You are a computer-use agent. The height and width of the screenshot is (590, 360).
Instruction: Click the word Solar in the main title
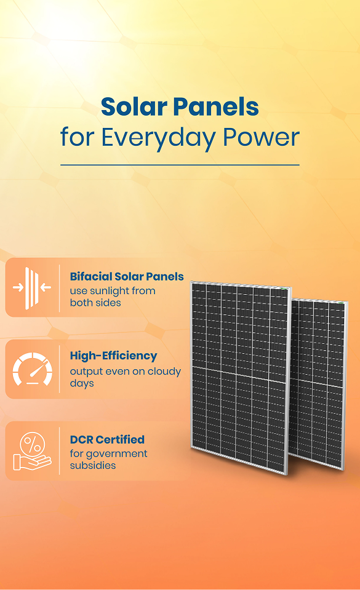133,107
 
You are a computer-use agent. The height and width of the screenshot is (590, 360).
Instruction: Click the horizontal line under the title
180,165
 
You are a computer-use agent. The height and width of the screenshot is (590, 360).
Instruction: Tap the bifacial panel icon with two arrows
31,287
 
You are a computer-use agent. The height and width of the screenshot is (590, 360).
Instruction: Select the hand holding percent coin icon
31,452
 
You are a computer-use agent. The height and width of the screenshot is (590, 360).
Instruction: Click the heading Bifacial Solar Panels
127,277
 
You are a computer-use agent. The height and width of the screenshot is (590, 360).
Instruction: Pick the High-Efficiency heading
113,356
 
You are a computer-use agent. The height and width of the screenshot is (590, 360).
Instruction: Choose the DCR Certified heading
107,439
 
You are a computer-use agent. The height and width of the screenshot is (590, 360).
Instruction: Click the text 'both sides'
95,303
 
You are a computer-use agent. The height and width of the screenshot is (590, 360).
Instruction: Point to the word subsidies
93,465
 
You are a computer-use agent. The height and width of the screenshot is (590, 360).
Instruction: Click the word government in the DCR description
118,453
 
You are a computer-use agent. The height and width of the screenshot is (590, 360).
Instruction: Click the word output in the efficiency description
86,372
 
